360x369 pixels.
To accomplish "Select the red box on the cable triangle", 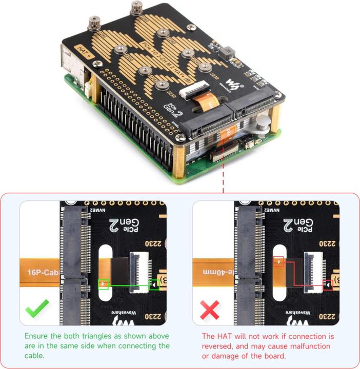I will point(278,262).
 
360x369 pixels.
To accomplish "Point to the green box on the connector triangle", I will point(154,284).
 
